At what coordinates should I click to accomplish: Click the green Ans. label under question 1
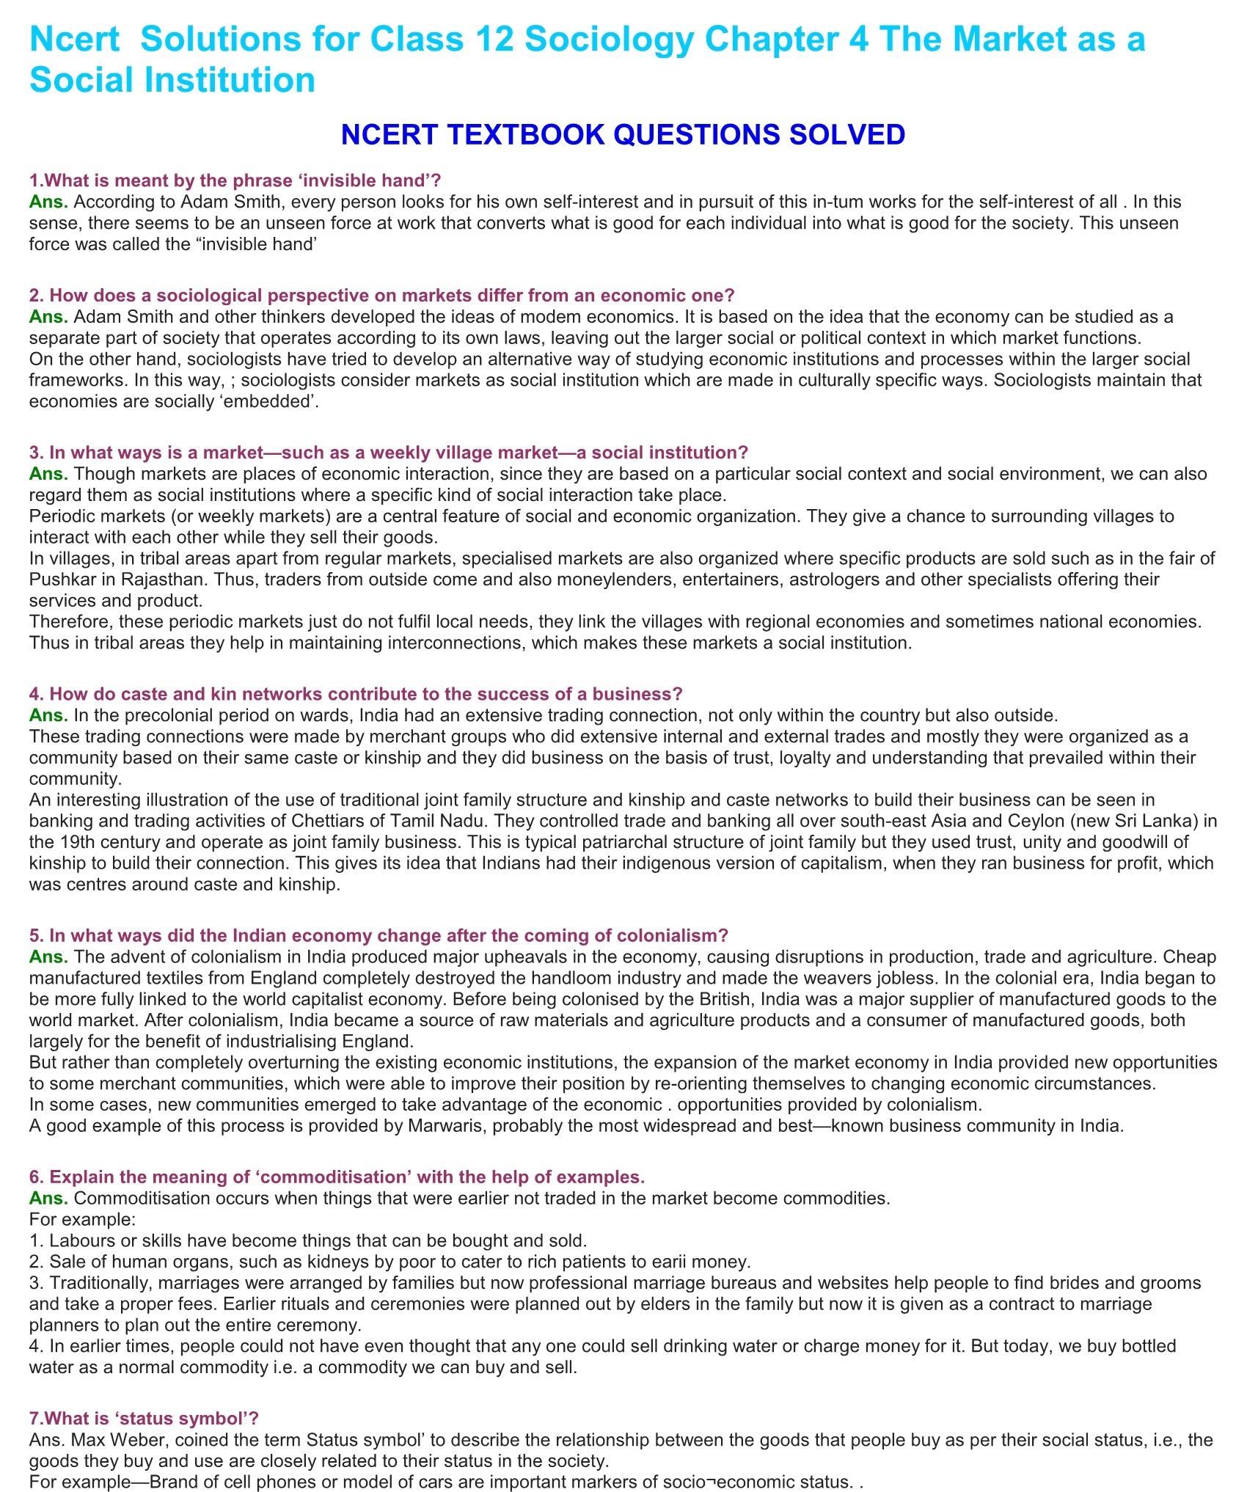[x=48, y=201]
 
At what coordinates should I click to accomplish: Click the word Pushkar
[x=60, y=579]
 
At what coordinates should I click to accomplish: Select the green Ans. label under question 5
[x=48, y=957]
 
